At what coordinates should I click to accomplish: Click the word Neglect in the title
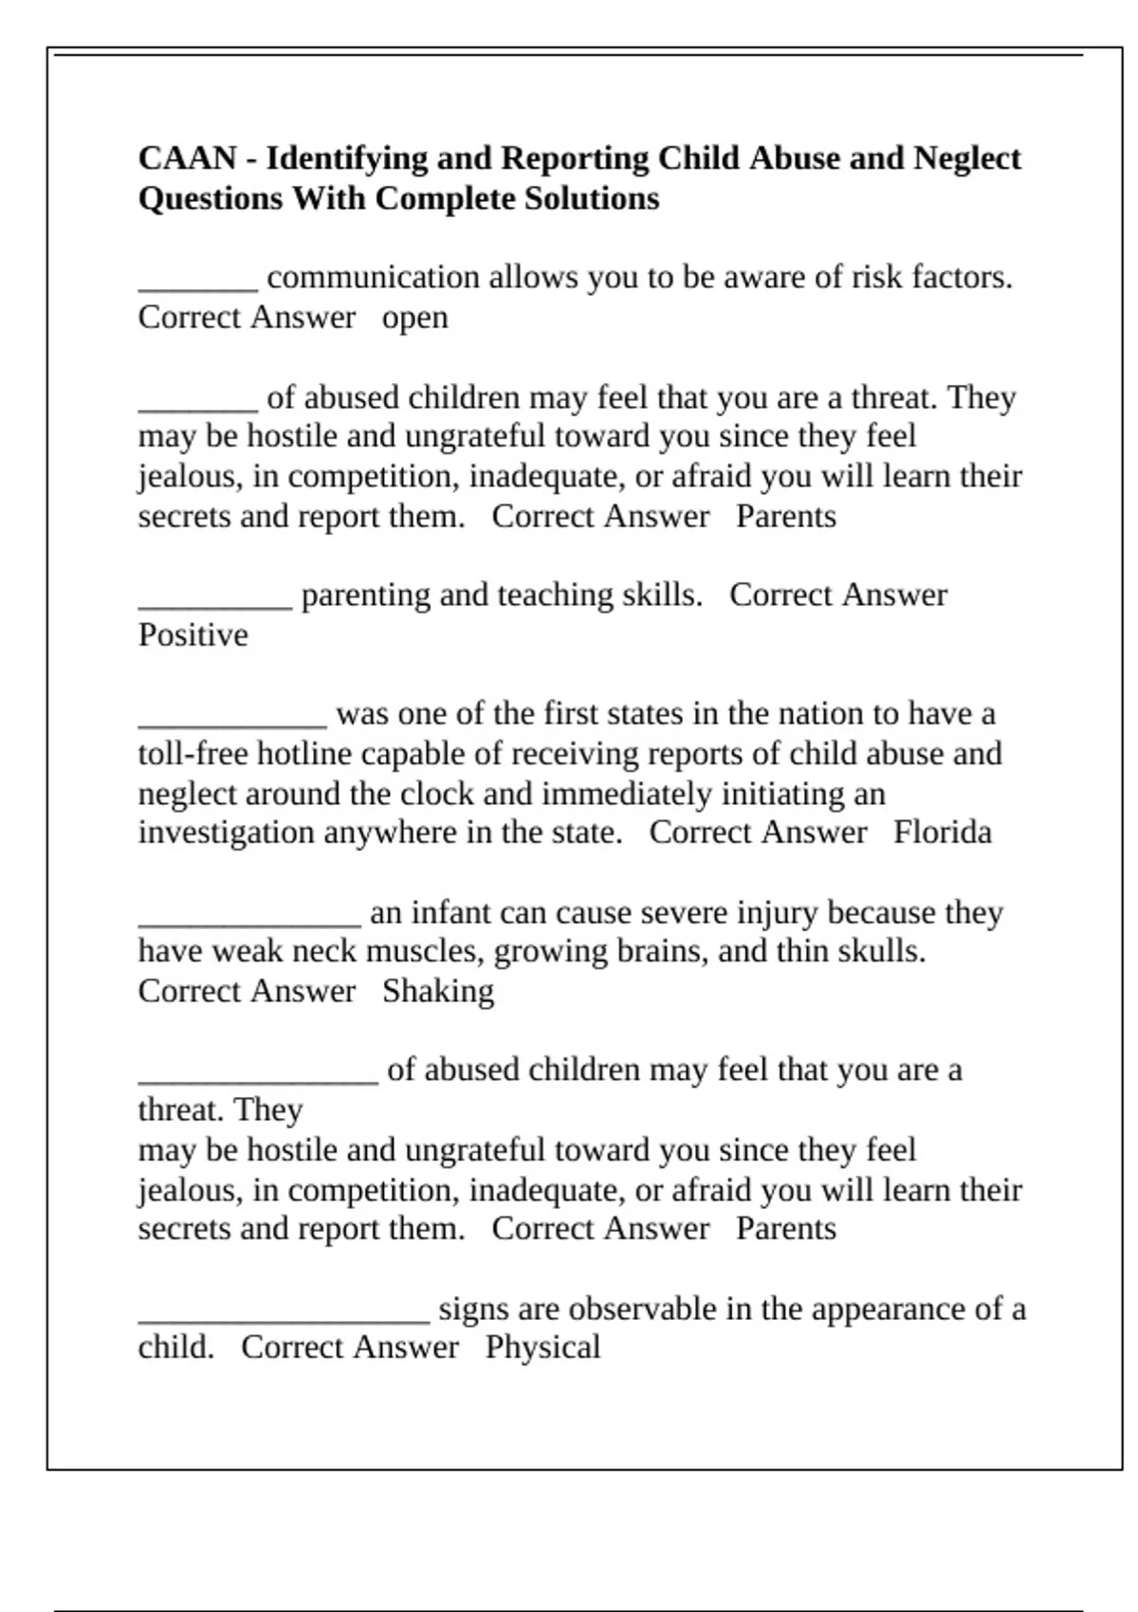click(966, 158)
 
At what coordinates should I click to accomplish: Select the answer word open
click(414, 318)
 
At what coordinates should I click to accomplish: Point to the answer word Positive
click(193, 635)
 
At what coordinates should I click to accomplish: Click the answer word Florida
click(942, 833)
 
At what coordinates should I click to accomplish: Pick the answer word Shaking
click(438, 992)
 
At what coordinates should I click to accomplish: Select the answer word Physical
click(542, 1347)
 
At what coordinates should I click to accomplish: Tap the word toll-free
click(193, 754)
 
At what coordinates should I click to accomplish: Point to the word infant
click(450, 912)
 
